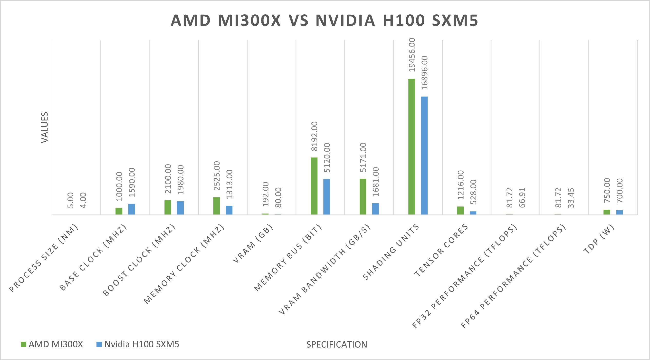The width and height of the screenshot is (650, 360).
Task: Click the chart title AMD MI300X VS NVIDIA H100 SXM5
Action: pos(325,20)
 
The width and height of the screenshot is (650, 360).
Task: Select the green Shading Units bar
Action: pos(411,146)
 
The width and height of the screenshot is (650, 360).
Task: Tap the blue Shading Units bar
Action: pos(424,155)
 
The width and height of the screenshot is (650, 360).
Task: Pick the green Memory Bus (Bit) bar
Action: pos(314,186)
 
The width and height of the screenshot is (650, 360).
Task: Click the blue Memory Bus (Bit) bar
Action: pos(326,197)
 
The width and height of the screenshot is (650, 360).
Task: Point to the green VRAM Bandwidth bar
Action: pos(363,196)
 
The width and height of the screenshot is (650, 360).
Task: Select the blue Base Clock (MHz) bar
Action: pos(132,209)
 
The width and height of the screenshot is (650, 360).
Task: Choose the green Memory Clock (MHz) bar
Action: pos(217,206)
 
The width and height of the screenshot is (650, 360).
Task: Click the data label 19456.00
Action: pos(412,55)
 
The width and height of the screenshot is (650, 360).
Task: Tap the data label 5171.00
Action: pos(363,157)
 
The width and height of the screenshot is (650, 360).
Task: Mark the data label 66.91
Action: pos(522,197)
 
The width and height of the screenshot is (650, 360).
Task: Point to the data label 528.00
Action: pos(473,192)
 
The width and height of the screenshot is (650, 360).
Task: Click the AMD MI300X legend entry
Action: pos(52,344)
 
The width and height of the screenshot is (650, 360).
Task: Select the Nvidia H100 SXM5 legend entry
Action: pos(138,344)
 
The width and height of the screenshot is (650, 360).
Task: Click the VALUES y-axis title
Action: pos(45,127)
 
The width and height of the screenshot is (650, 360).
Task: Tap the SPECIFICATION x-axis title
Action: pos(337,345)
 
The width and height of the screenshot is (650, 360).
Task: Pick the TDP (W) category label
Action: pos(599,239)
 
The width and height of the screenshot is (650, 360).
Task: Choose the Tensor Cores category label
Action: pos(441,250)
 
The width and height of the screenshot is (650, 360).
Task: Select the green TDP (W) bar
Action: pos(607,212)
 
